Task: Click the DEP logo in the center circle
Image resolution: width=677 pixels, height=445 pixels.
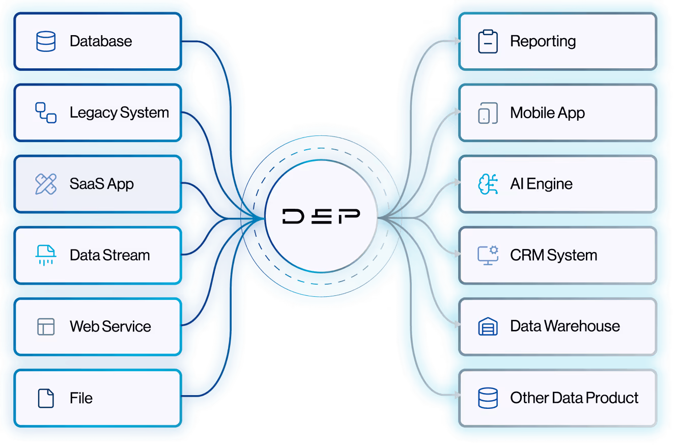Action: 321,216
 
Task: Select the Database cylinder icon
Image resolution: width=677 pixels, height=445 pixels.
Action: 46,41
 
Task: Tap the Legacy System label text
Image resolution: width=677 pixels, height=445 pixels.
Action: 119,113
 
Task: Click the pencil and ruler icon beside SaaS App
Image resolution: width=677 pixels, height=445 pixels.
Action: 46,184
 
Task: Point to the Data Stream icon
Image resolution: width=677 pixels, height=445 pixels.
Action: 46,255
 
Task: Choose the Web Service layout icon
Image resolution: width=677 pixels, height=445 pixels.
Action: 46,326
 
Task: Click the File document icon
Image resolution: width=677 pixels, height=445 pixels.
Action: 46,398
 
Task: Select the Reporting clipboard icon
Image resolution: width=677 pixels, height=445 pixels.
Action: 488,41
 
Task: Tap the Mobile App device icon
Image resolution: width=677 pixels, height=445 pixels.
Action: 488,113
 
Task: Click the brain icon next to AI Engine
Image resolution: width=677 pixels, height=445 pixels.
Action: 488,184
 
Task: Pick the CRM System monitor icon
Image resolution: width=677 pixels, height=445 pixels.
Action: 488,255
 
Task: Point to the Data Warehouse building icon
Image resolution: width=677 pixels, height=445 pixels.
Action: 488,326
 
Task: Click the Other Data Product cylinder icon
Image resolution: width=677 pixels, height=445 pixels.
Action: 488,398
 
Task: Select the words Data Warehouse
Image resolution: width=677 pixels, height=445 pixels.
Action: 565,326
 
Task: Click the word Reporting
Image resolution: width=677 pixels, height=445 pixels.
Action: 543,41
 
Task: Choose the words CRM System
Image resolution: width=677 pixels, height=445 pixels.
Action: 553,255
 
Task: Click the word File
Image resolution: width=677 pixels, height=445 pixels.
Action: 81,398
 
